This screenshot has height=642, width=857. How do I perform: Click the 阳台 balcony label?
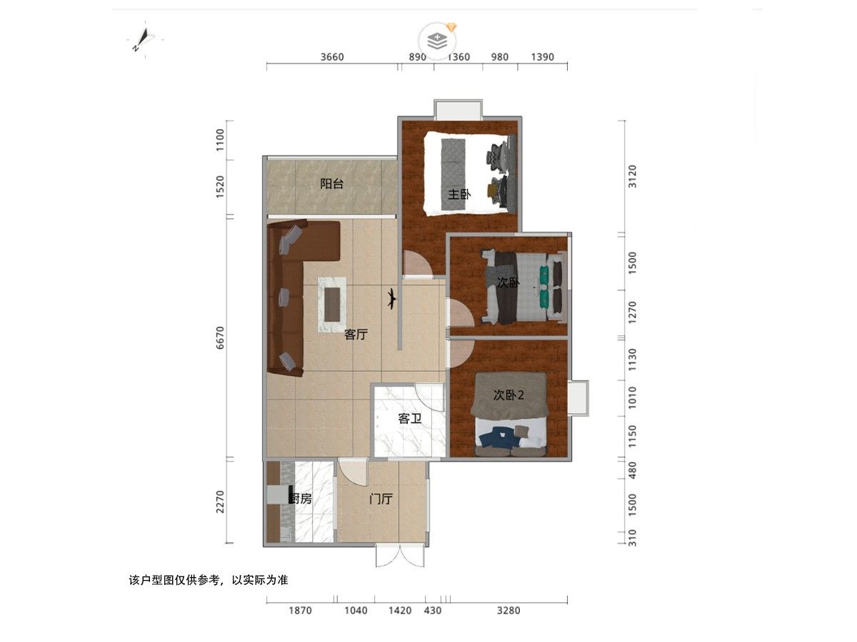(331, 183)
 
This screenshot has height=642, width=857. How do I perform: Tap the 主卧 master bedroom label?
(458, 194)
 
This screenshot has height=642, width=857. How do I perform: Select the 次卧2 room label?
(508, 395)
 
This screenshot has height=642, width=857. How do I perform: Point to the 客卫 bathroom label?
(409, 419)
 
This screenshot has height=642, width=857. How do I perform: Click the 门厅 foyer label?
(381, 499)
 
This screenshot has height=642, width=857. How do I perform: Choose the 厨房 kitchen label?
(300, 499)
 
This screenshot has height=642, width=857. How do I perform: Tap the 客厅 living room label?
(356, 335)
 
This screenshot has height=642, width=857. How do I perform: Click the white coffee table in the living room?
(332, 305)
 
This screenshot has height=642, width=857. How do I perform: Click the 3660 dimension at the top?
(332, 57)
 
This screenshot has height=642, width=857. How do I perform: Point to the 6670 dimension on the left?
(220, 337)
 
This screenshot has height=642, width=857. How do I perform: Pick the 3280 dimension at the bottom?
(508, 611)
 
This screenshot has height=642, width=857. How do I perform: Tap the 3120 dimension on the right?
(632, 176)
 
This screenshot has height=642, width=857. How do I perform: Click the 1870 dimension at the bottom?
(300, 611)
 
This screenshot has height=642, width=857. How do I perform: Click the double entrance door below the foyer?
(400, 556)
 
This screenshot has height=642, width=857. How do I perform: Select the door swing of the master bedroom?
(417, 263)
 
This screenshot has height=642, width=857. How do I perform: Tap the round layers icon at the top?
(437, 41)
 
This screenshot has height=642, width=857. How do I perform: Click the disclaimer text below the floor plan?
(209, 581)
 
